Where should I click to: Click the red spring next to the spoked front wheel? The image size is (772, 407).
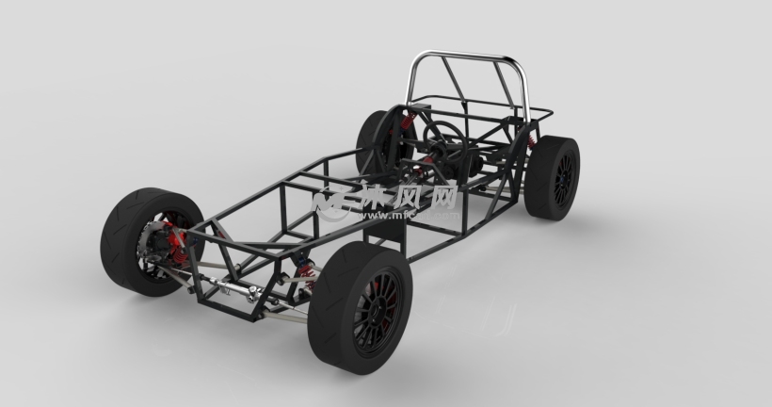[x=304, y=268]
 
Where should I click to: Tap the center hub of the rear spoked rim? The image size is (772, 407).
[x=565, y=176]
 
